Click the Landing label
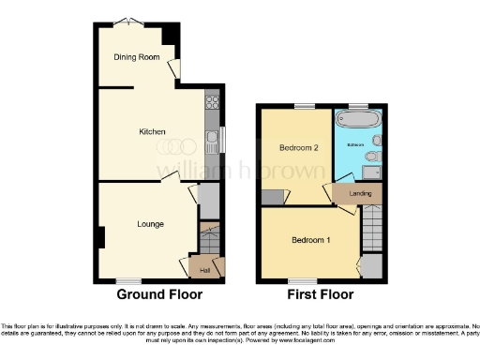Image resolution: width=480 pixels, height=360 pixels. [x=359, y=193]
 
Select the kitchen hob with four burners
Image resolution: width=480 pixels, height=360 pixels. [x=213, y=103]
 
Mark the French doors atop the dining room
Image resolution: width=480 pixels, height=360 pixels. [x=123, y=22]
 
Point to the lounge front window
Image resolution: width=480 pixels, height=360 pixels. [x=128, y=280]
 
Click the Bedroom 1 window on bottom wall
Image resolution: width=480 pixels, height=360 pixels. [x=301, y=280]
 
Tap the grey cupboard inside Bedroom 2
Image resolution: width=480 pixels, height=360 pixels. [x=273, y=197]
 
